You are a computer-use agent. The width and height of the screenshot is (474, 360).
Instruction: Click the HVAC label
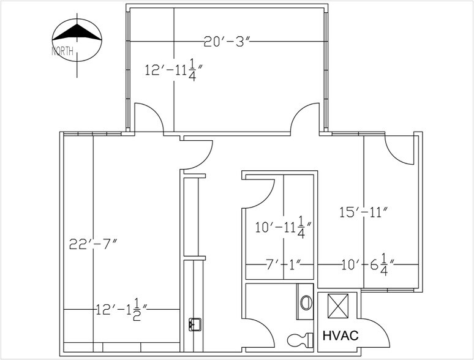(340, 336)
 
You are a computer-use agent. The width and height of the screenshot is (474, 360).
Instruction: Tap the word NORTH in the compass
(62, 51)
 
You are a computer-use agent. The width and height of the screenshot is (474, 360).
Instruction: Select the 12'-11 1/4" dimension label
(173, 70)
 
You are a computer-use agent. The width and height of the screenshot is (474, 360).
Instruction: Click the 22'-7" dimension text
(93, 244)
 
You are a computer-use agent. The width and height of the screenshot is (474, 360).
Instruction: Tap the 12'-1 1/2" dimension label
(121, 310)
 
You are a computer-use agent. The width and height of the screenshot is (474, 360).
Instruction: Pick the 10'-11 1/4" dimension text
(284, 227)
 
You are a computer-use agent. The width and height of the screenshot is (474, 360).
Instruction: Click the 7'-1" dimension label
(284, 264)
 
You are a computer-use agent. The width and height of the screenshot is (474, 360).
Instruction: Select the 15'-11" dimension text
(363, 212)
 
